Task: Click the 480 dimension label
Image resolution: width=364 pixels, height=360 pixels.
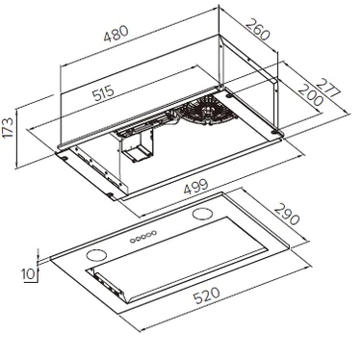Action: (116, 33)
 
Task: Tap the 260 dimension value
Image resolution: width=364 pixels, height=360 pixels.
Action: (258, 29)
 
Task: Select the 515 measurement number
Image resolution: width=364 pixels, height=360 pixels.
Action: (103, 93)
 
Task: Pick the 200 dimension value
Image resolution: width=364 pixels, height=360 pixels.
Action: (310, 95)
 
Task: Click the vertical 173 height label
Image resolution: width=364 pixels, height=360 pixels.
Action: (8, 128)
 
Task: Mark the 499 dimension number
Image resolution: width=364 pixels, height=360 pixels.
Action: (195, 187)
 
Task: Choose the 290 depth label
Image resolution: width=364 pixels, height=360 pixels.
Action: (287, 214)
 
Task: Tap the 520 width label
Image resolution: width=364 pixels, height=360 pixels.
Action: (207, 296)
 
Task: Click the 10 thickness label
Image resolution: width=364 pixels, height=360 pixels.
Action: (28, 274)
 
